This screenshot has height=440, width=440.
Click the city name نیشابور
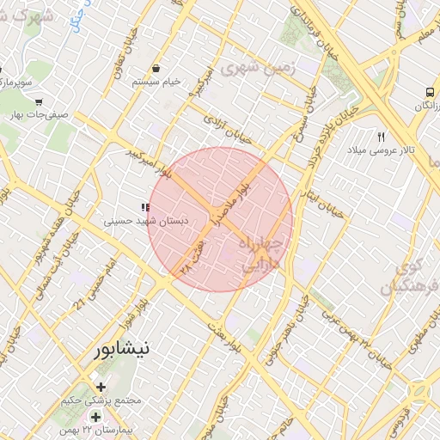[124, 351]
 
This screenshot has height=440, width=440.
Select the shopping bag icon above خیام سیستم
[156, 69]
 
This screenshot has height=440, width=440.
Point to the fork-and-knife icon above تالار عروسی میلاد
[382, 136]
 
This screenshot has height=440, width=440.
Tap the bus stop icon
[428, 92]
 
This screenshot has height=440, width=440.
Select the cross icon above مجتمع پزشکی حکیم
[102, 388]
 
